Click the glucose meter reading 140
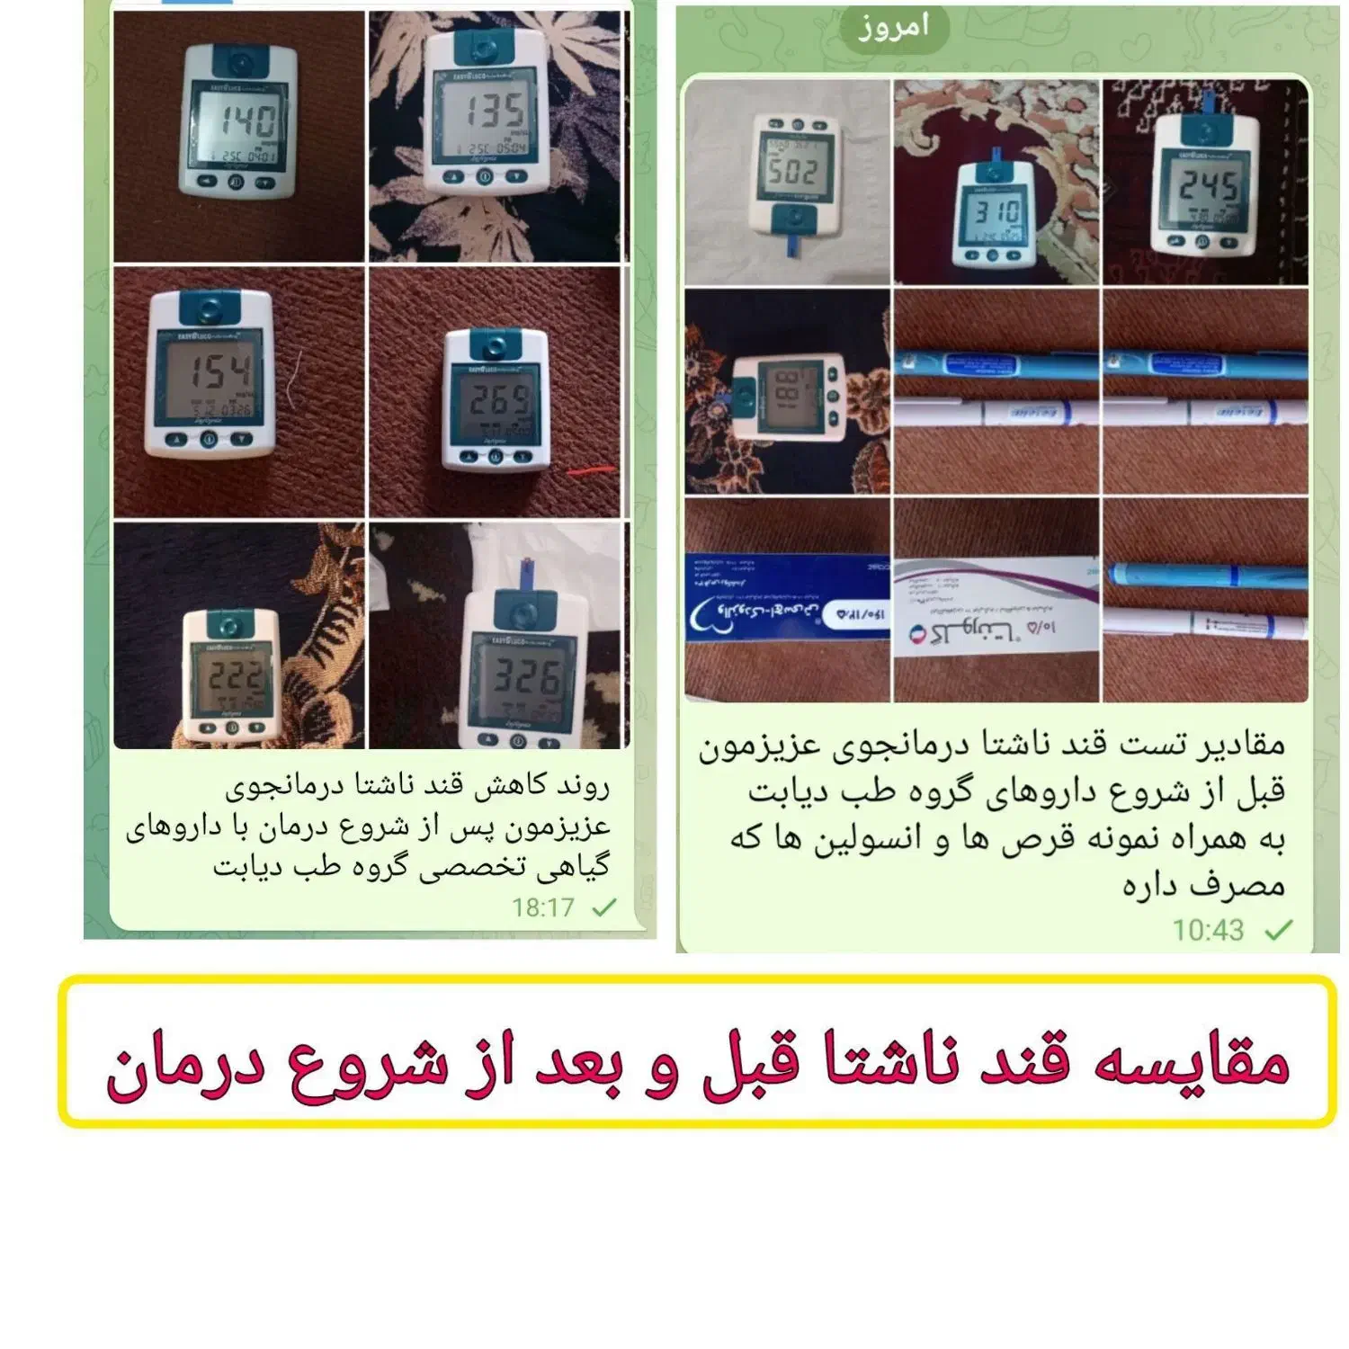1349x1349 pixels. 239,122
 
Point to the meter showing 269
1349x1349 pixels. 496,399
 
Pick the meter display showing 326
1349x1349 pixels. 523,678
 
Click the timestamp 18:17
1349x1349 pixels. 542,907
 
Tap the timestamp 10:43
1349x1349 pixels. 1207,930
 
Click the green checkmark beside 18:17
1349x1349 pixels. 604,907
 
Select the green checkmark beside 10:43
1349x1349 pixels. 1278,930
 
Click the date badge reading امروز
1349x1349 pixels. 893,28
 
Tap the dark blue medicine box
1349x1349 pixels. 788,597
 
